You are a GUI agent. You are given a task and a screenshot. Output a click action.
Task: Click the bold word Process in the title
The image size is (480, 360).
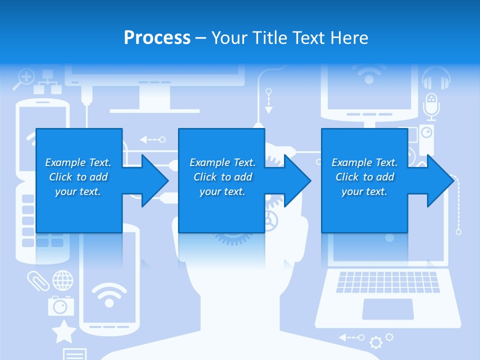(x=157, y=37)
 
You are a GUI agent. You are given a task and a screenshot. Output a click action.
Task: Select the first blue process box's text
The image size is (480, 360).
(x=78, y=177)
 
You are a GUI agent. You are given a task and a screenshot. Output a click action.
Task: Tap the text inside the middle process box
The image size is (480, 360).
(x=222, y=177)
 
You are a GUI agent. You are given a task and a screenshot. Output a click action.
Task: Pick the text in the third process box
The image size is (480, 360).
(x=364, y=177)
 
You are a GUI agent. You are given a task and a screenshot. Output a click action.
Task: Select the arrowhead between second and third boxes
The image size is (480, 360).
(x=297, y=180)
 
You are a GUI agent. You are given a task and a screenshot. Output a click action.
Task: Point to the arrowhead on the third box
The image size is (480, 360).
(x=440, y=180)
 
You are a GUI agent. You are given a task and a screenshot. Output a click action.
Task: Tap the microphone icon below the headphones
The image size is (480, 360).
(x=430, y=105)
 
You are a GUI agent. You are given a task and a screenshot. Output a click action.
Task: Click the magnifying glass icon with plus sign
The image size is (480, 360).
(x=24, y=78)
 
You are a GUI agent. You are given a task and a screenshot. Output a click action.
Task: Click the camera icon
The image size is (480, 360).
(x=60, y=305)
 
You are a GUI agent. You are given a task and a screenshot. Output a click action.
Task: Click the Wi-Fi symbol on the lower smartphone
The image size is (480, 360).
(x=109, y=295)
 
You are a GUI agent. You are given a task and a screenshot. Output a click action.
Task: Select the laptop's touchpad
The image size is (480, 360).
(x=387, y=309)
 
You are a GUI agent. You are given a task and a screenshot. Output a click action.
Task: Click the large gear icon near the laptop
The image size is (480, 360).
(x=375, y=342)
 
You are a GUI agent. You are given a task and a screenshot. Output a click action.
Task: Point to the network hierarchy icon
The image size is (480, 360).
(x=47, y=82)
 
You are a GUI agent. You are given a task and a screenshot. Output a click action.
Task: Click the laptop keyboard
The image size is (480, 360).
(x=387, y=281)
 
